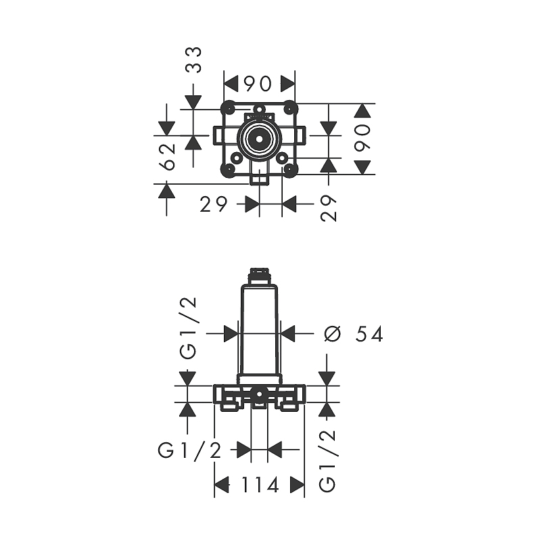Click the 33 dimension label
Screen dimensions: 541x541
tap(193, 60)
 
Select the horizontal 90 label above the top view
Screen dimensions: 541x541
tap(258, 84)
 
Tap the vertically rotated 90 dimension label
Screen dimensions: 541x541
tap(362, 139)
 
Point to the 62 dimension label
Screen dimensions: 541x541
tap(168, 157)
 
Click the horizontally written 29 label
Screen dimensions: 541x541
tap(214, 205)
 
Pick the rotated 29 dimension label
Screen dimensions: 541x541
tap(328, 208)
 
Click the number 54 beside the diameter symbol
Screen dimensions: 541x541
tap(369, 334)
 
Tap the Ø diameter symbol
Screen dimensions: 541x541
tap(333, 334)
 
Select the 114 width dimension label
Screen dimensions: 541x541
tap(260, 485)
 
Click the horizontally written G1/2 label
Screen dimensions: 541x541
tap(189, 450)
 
